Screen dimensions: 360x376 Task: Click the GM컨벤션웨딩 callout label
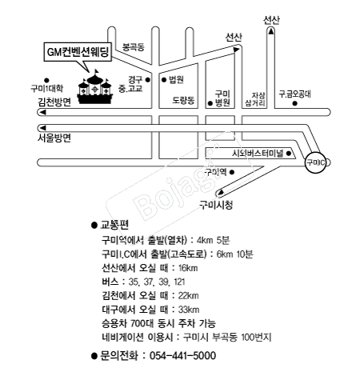(78, 51)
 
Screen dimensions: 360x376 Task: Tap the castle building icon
(94, 87)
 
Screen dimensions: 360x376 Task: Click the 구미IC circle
(316, 162)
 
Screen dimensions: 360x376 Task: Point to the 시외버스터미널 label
(257, 154)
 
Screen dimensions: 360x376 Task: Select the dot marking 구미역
(232, 172)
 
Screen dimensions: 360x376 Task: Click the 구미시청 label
(216, 205)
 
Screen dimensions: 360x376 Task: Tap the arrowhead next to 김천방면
(42, 112)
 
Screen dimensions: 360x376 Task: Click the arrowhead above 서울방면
(42, 128)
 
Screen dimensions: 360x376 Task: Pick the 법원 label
(176, 79)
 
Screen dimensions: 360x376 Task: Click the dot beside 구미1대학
(46, 80)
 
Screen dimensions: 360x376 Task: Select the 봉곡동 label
(134, 47)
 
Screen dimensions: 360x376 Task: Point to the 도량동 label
(183, 100)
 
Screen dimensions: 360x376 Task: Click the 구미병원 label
(222, 98)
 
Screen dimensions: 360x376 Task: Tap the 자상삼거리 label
(255, 99)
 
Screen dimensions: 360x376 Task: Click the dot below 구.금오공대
(294, 103)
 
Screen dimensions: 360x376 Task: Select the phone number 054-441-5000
(182, 356)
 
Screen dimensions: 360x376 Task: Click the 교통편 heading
(114, 225)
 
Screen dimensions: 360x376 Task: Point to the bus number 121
(179, 282)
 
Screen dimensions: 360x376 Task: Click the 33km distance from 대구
(189, 310)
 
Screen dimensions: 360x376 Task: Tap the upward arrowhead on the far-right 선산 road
(271, 31)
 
